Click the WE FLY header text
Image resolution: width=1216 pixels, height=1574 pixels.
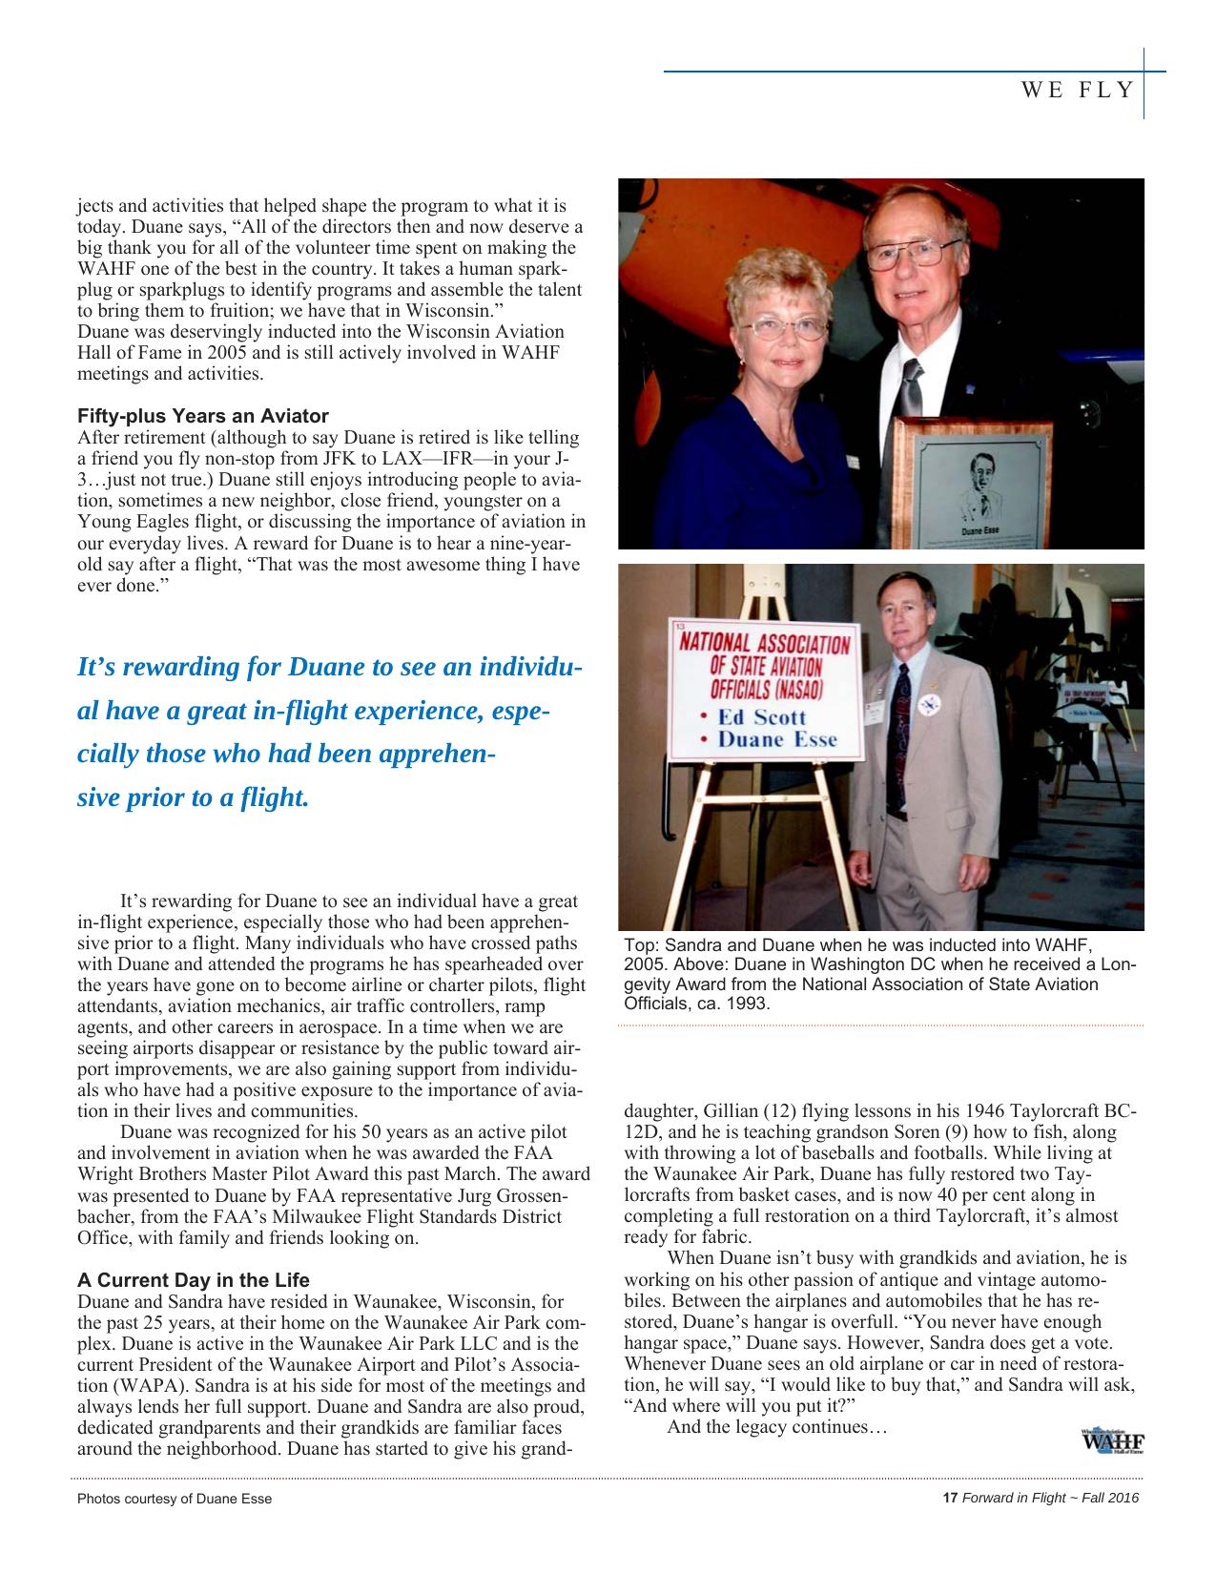pyautogui.click(x=1078, y=90)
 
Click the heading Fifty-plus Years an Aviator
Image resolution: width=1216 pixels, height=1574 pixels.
pyautogui.click(x=202, y=416)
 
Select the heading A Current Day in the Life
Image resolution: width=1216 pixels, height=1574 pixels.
pyautogui.click(x=193, y=1279)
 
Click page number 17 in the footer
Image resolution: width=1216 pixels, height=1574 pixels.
pyautogui.click(x=949, y=1498)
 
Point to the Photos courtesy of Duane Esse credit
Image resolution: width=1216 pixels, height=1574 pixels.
pyautogui.click(x=174, y=1499)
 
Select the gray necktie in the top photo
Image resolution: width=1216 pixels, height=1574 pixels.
pyautogui.click(x=912, y=386)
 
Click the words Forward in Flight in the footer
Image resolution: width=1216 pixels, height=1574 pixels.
pyautogui.click(x=1014, y=1498)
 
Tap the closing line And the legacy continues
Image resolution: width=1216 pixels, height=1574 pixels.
pyautogui.click(x=777, y=1427)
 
